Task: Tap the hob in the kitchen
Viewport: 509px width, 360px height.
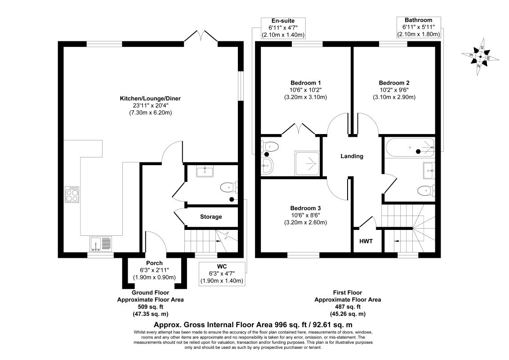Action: click(x=72, y=194)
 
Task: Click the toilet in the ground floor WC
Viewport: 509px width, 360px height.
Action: click(x=228, y=187)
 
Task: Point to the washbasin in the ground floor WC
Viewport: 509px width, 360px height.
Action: click(x=207, y=171)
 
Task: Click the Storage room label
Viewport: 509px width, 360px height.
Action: click(x=211, y=217)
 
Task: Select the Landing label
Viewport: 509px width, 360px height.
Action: click(x=352, y=156)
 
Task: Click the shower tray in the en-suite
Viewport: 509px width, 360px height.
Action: click(x=307, y=162)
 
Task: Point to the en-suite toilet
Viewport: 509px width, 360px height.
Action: click(x=270, y=146)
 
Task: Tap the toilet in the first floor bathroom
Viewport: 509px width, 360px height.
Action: click(x=425, y=191)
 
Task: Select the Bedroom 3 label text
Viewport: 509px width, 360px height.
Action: click(x=305, y=208)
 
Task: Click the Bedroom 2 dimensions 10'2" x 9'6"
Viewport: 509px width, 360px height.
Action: click(x=394, y=90)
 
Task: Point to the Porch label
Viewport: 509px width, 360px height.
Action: click(x=154, y=263)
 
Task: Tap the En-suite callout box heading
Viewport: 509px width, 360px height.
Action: click(x=283, y=21)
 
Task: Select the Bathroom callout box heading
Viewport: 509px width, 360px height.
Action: click(x=418, y=20)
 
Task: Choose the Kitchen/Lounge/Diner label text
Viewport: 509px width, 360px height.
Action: click(x=150, y=98)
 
